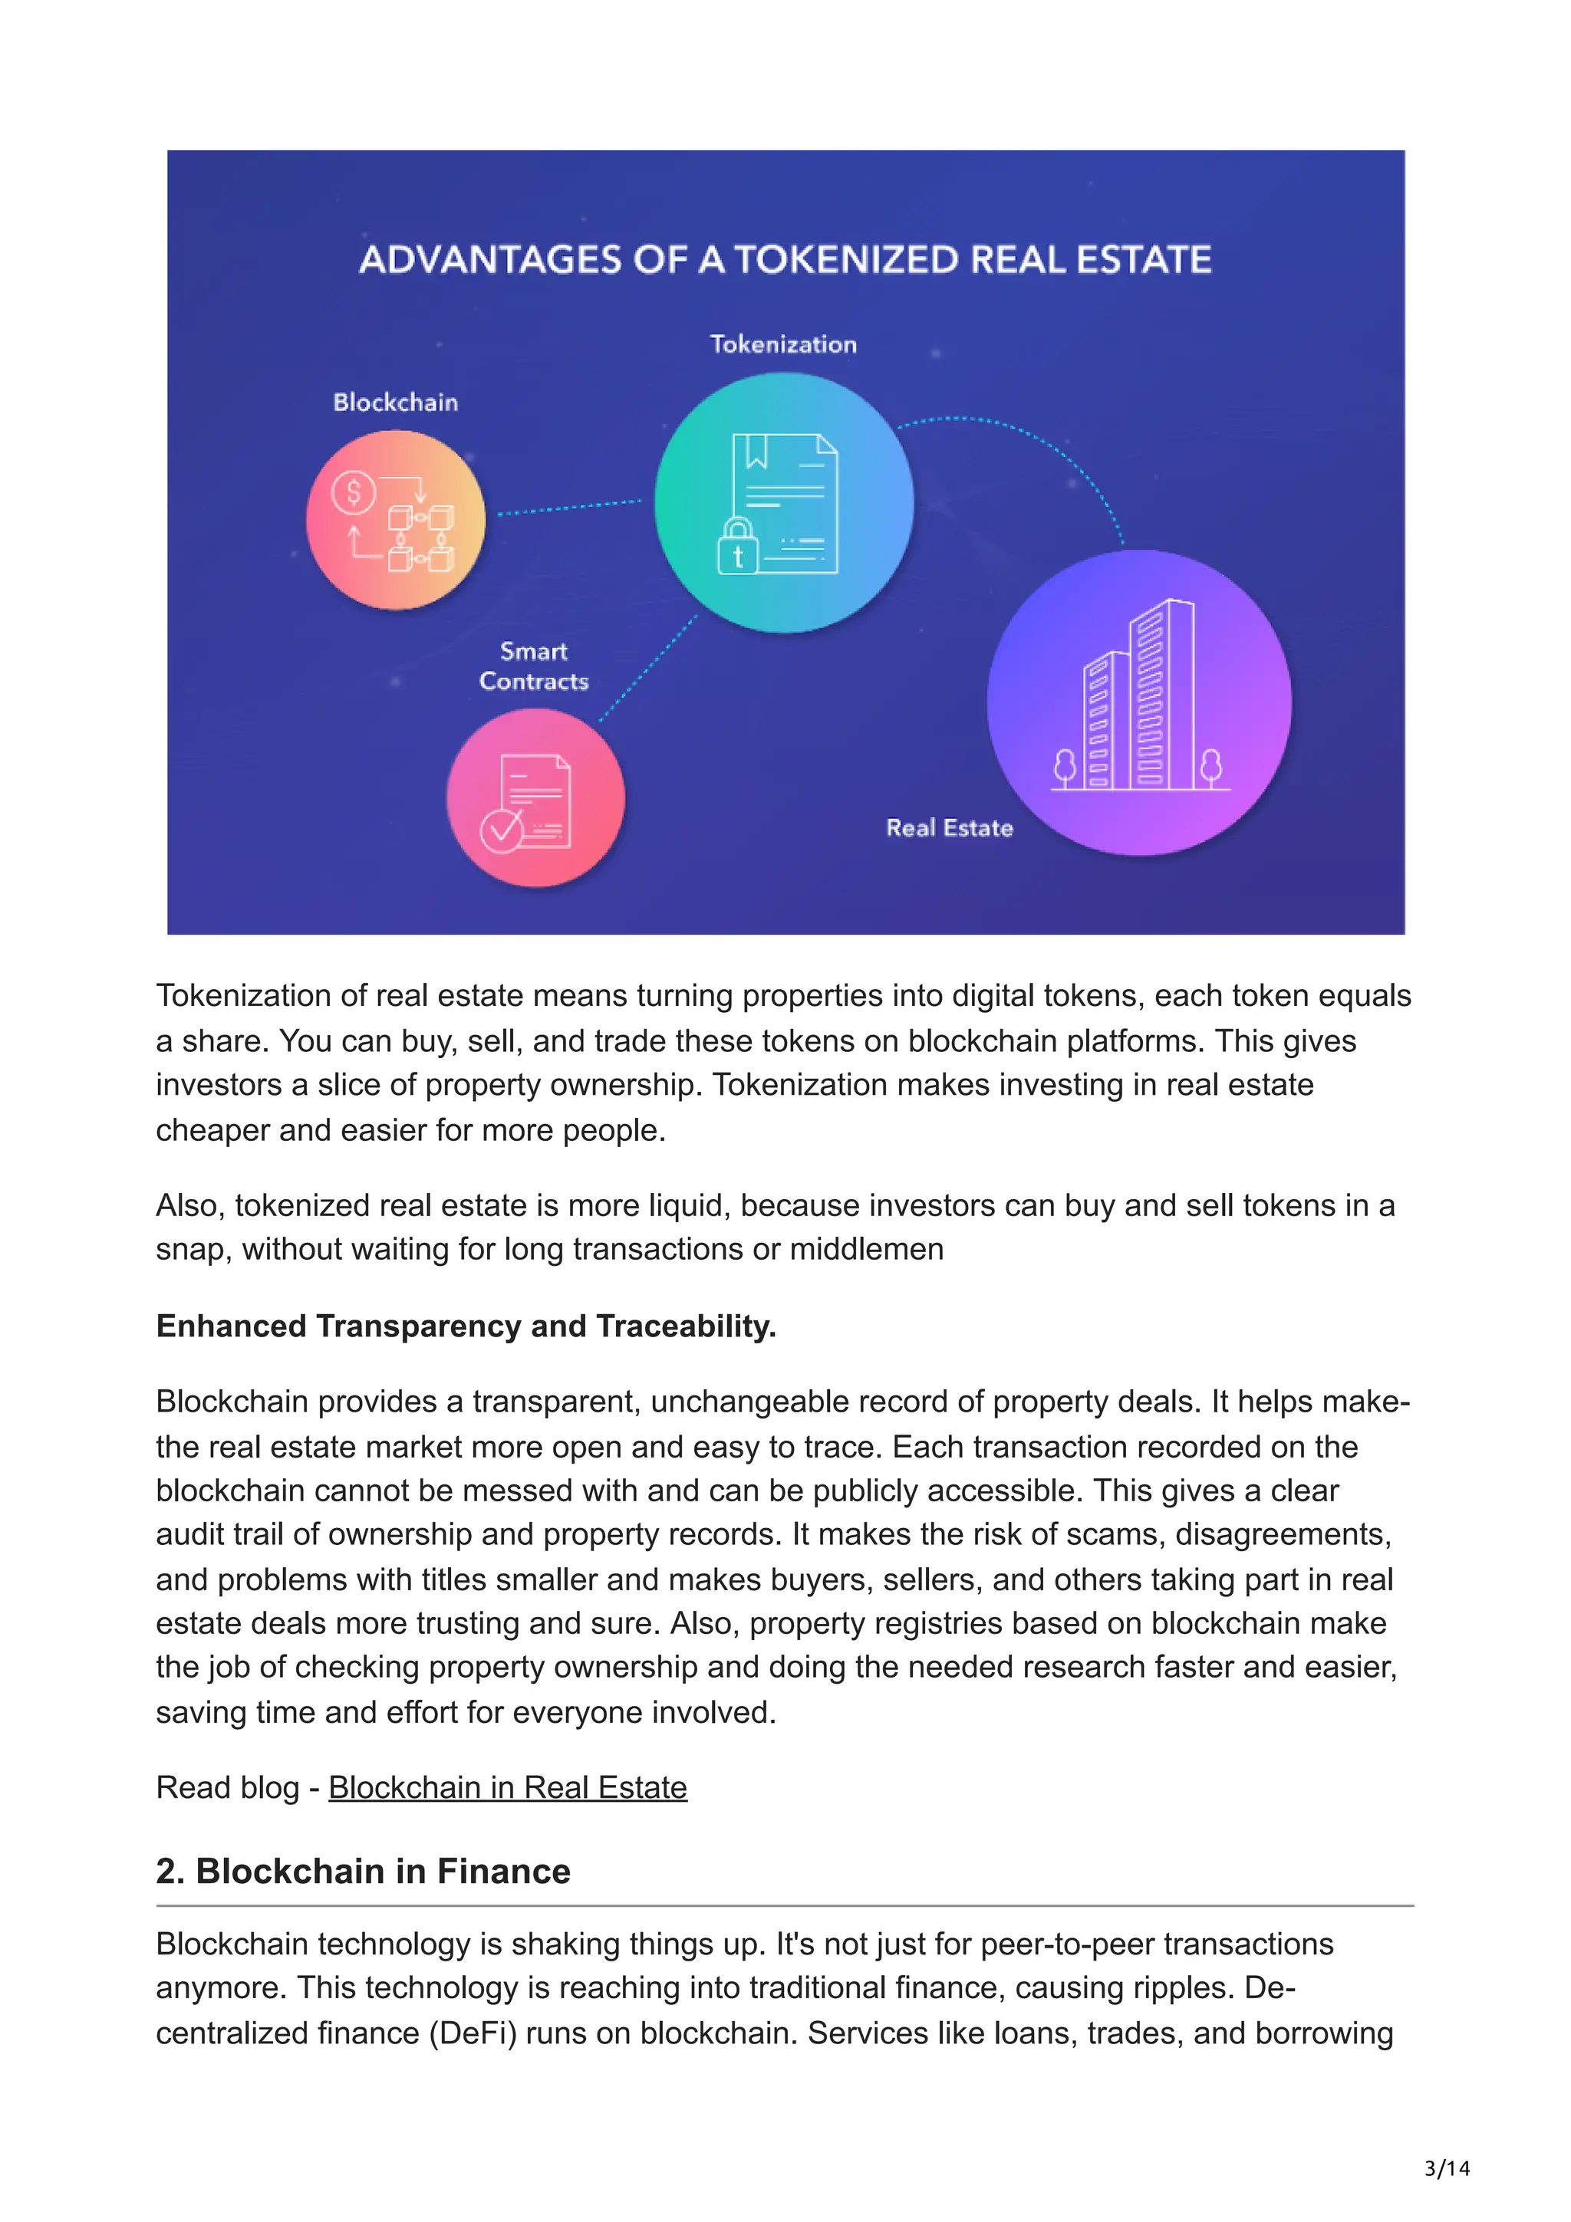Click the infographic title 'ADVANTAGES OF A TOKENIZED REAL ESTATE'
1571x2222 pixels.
[x=785, y=259]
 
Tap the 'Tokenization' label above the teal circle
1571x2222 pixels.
[x=783, y=344]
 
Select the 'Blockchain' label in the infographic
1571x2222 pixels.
[x=395, y=403]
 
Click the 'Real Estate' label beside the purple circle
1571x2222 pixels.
[x=949, y=828]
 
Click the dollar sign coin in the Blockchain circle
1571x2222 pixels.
[x=354, y=492]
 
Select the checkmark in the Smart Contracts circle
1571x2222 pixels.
[x=502, y=830]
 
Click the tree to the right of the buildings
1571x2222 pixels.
[x=1210, y=767]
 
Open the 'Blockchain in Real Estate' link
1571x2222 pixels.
[x=507, y=1787]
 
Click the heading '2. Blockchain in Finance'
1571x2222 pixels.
[x=363, y=1872]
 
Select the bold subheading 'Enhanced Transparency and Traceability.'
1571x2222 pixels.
[x=466, y=1326]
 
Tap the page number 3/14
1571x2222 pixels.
[x=1446, y=2169]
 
